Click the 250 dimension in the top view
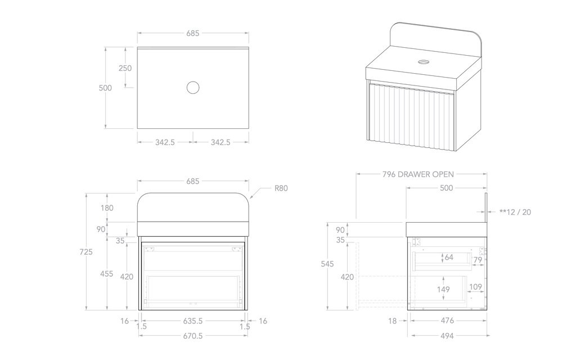point(125,68)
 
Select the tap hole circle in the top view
point(193,87)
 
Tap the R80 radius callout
point(281,188)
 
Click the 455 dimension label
point(107,274)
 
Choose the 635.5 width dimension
point(192,321)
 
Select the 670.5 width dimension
point(192,336)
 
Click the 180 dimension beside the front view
point(107,208)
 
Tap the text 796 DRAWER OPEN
point(418,174)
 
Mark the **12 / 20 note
point(515,212)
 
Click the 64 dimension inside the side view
point(448,258)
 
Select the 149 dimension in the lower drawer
point(444,290)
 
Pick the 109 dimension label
point(475,287)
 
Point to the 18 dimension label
point(393,321)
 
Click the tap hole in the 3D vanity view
point(424,61)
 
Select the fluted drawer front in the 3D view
point(412,116)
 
